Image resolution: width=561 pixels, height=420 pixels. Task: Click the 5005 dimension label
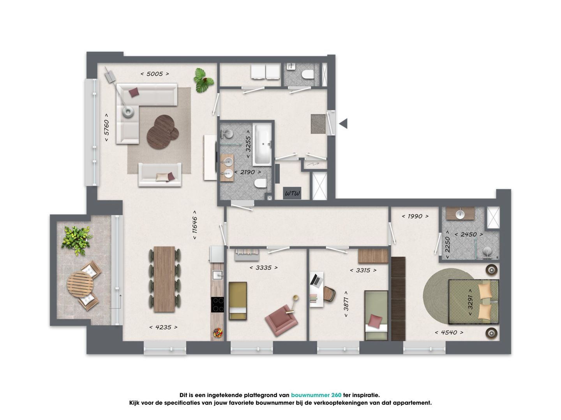point(155,74)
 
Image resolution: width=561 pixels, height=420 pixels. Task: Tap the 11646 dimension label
point(195,225)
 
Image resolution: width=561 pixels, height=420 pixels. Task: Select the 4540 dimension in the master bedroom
point(449,332)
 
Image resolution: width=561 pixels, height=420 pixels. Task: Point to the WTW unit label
point(293,193)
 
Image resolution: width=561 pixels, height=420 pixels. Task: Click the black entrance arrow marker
point(343,124)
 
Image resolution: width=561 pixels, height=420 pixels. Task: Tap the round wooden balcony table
point(80,284)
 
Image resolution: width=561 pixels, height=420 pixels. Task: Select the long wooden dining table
point(164,279)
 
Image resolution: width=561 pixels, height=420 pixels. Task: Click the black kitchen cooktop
point(217,304)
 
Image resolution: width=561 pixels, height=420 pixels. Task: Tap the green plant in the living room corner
point(203,80)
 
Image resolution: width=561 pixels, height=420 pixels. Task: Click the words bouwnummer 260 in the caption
point(316,395)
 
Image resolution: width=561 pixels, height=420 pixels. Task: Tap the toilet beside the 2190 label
point(261,183)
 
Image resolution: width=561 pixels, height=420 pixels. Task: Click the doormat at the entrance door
point(318,124)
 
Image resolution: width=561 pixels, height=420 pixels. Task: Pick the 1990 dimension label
point(415,217)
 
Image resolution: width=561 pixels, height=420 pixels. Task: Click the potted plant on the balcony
point(76,240)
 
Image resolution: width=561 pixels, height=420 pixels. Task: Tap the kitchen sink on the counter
point(218,275)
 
